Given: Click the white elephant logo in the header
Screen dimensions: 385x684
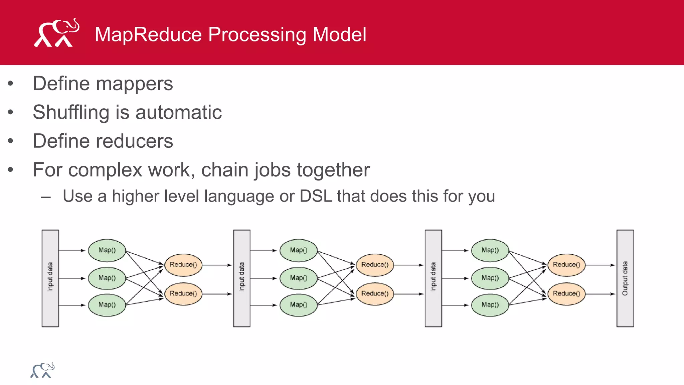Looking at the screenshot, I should pyautogui.click(x=56, y=33).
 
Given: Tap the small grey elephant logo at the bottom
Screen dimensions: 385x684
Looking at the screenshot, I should pyautogui.click(x=42, y=370).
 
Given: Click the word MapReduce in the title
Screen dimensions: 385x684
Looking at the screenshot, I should pyautogui.click(x=148, y=34).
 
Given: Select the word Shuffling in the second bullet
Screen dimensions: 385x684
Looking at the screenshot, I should pyautogui.click(x=71, y=112).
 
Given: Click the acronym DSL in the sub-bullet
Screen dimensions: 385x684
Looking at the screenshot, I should pyautogui.click(x=316, y=196).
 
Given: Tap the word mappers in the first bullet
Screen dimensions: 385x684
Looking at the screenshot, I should pyautogui.click(x=135, y=84).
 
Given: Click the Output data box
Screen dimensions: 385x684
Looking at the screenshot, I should pyautogui.click(x=625, y=278).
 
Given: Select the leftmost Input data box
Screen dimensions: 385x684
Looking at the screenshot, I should pyautogui.click(x=50, y=278).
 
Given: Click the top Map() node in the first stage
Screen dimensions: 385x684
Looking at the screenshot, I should pyautogui.click(x=107, y=250).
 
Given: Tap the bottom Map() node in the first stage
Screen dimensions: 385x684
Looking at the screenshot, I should pyautogui.click(x=107, y=305).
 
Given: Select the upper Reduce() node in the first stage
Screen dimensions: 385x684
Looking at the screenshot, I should pyautogui.click(x=183, y=265).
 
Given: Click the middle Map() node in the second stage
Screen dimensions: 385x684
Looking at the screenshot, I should pyautogui.click(x=298, y=278).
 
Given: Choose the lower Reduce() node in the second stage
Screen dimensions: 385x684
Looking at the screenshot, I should pyautogui.click(x=375, y=294).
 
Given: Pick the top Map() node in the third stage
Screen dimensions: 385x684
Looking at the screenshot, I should pyautogui.click(x=490, y=250).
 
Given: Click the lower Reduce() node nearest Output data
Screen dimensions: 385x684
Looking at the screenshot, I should pyautogui.click(x=566, y=294).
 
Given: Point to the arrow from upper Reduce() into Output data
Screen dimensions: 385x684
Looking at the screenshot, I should pyautogui.click(x=600, y=265).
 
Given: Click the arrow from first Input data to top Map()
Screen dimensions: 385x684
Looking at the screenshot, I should pyautogui.click(x=72, y=250).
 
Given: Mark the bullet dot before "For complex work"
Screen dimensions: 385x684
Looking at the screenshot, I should pyautogui.click(x=11, y=170).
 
